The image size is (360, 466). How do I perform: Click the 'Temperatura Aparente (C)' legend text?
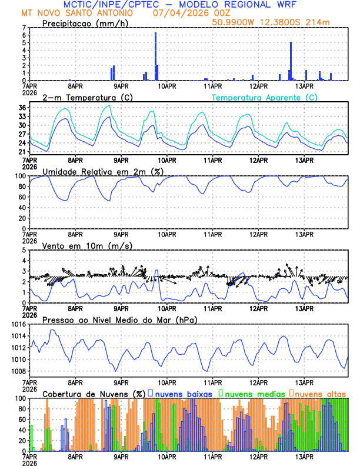pos(265,97)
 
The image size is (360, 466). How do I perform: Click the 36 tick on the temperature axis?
pos(22,108)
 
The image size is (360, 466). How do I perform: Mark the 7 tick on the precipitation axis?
pos(24,28)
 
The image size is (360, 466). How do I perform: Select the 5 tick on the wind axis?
pos(24,250)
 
